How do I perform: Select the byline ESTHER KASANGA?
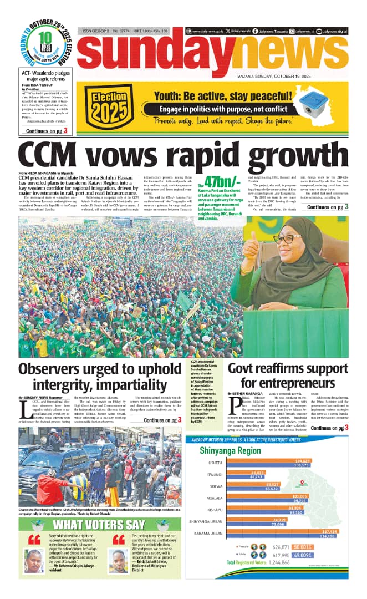tap(248, 394)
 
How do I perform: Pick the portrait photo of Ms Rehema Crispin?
tap(34, 561)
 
